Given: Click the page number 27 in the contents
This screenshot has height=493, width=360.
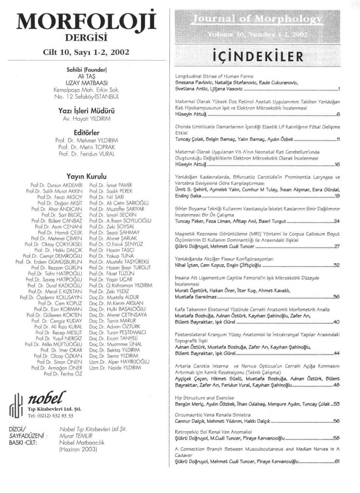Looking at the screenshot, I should (x=337, y=246).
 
